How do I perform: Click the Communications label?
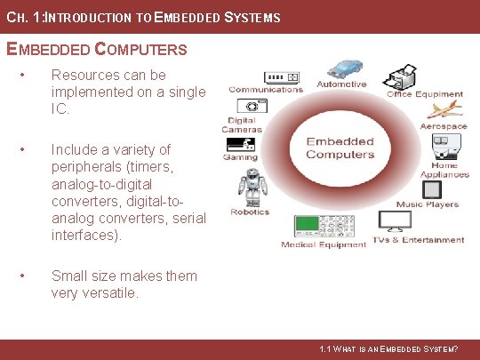[x=266, y=90]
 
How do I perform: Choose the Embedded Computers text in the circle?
[x=340, y=148]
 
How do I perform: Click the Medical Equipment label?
[x=324, y=244]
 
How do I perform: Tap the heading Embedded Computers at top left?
[x=97, y=49]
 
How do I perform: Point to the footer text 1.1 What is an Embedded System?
[x=388, y=349]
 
